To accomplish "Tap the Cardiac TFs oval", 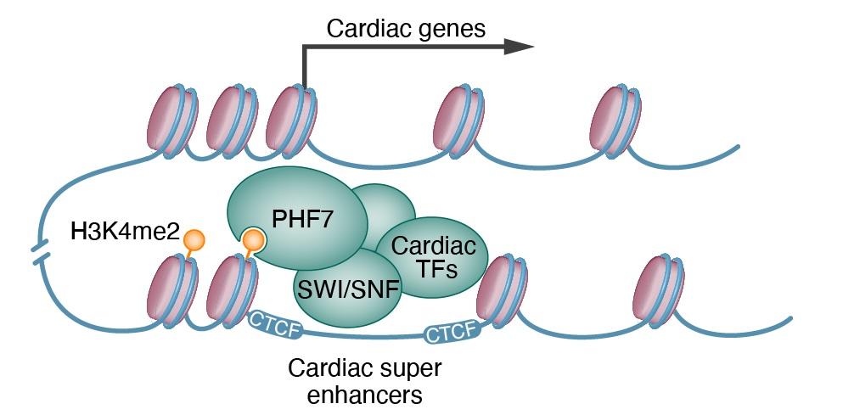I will point(434,257).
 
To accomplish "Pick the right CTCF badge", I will point(447,334).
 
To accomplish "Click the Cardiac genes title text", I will point(406,29).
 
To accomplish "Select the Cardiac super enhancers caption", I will point(365,381).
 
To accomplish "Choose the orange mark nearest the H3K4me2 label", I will point(194,240).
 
